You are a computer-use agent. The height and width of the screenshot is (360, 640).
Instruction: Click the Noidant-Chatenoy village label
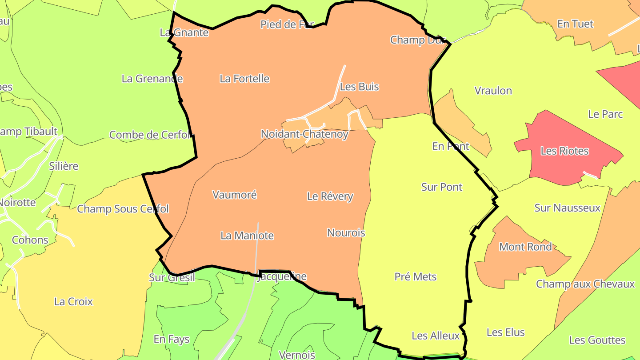304,134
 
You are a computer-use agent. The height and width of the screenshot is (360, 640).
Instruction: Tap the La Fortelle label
244,79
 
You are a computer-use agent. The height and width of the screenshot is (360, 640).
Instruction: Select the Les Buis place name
359,87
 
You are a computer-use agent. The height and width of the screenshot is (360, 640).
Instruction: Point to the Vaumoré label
235,195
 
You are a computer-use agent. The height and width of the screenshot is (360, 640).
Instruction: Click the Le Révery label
330,196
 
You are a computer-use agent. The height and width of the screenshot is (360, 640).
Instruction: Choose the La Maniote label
247,236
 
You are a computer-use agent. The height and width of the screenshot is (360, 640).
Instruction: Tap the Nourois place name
346,232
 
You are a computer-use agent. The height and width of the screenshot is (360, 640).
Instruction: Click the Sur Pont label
442,187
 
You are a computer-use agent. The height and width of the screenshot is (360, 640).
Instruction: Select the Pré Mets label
416,277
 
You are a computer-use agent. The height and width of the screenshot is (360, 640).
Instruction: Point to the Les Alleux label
436,336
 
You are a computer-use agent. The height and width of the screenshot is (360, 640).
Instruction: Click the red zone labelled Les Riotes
564,151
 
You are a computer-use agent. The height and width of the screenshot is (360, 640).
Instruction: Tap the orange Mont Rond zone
525,247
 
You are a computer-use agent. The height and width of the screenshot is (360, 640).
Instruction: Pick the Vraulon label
493,91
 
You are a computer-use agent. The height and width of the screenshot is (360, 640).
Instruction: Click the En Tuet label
575,24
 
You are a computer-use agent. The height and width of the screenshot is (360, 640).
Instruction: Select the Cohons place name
30,240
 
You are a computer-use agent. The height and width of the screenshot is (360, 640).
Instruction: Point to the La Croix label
73,301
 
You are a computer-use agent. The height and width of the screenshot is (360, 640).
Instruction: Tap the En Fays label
172,339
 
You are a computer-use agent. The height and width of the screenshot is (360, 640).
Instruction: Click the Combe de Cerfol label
150,135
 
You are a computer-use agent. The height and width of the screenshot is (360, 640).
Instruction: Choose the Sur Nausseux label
567,208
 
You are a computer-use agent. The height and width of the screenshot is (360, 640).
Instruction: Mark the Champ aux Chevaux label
585,284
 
